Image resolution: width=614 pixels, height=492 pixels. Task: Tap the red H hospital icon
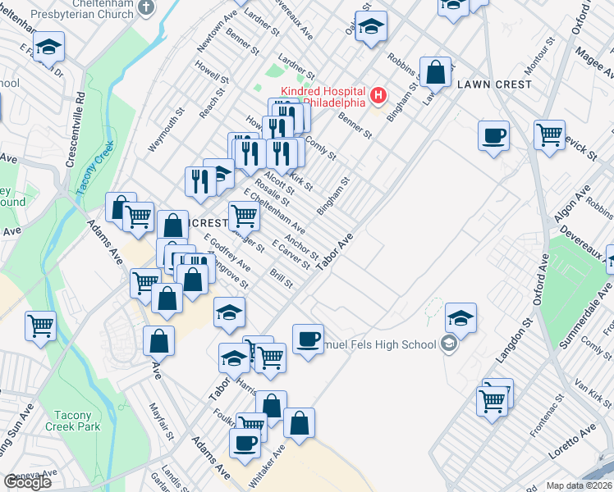378,96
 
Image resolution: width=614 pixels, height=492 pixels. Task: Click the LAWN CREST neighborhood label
495,84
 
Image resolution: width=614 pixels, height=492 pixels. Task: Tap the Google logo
27,482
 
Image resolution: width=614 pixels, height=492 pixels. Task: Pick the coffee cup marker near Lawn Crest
493,135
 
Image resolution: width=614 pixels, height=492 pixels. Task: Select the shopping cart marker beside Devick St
550,134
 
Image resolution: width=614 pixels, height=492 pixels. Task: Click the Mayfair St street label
161,418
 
